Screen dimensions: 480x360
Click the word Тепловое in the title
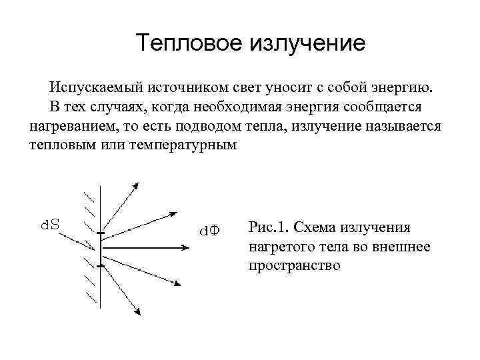point(188,43)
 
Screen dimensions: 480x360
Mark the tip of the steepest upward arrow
point(137,183)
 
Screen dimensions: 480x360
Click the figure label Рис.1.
point(267,227)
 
